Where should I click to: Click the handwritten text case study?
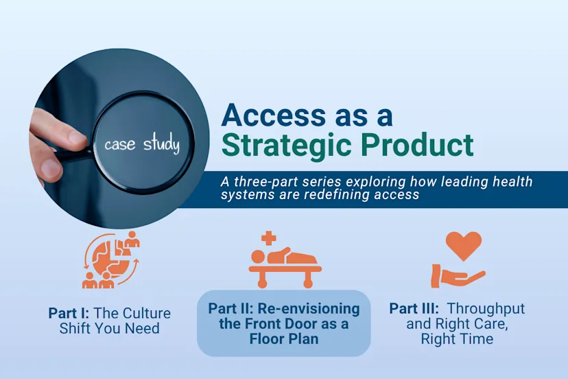[x=141, y=145]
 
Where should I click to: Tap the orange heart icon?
[x=463, y=245]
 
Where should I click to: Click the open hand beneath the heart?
[x=458, y=277]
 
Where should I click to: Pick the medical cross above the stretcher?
[x=268, y=238]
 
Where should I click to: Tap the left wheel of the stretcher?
[x=261, y=283]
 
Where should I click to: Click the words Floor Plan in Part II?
[x=283, y=339]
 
